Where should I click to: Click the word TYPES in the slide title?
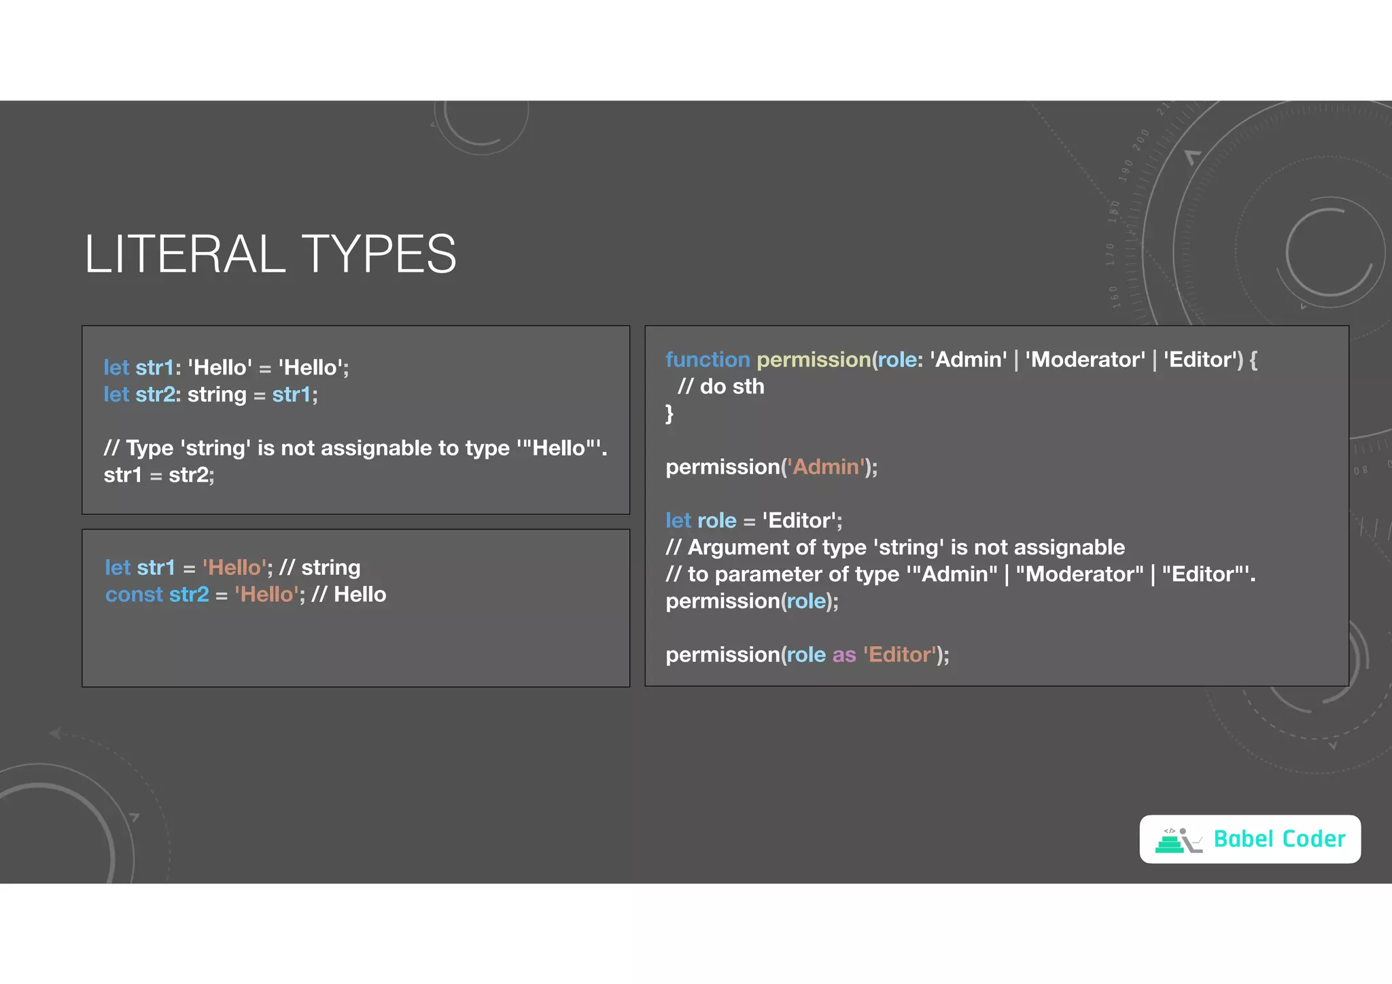(x=379, y=254)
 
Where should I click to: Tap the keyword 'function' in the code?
(x=707, y=359)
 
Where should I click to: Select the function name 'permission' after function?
(x=814, y=359)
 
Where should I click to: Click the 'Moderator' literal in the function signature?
(x=1085, y=359)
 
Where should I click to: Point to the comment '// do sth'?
(x=721, y=387)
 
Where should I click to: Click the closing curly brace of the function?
(x=669, y=413)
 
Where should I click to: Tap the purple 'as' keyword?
(x=844, y=654)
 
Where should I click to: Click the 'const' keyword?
(x=134, y=595)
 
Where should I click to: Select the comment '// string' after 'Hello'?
(x=319, y=567)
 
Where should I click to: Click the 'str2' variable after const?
(x=189, y=595)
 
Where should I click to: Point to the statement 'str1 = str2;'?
(x=159, y=475)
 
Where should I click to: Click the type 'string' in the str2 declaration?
(x=217, y=395)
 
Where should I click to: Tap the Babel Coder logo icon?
(x=1178, y=840)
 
